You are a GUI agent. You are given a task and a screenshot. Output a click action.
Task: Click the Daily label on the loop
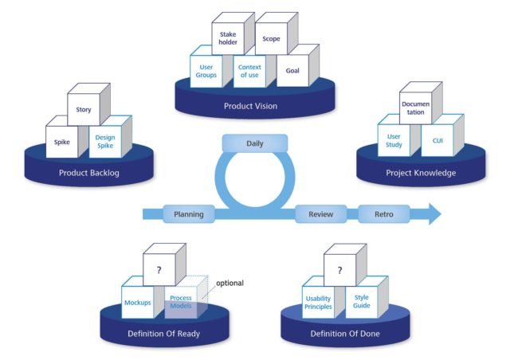(255, 143)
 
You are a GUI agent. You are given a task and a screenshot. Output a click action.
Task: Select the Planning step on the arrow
(189, 213)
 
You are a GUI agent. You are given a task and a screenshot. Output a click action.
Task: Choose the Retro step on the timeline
(379, 213)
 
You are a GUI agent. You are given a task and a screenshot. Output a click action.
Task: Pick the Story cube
(84, 109)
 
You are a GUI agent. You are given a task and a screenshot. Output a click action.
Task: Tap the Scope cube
(271, 37)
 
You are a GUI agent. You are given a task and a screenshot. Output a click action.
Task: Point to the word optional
(229, 283)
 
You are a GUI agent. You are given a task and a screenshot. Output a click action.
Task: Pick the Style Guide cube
(363, 303)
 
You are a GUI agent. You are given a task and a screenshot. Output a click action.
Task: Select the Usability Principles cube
(318, 303)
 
